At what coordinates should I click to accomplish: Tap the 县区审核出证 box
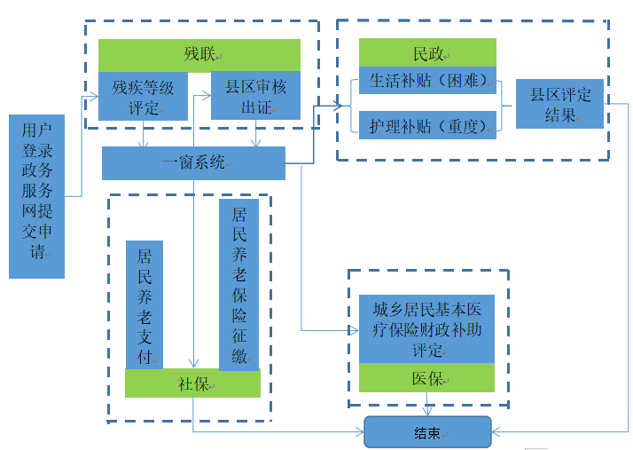255,96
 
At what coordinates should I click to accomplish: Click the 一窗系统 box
193,163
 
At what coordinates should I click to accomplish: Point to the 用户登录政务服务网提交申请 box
36,196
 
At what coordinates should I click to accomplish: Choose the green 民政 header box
427,52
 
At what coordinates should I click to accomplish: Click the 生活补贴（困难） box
427,81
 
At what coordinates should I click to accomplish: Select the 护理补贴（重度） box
427,125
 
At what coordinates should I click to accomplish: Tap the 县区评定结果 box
559,104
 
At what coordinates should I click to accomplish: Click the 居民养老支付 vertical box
144,304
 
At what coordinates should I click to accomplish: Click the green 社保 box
192,383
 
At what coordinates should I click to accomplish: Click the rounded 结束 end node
427,432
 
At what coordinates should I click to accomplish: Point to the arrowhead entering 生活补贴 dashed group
340,106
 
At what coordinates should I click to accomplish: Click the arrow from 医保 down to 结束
427,405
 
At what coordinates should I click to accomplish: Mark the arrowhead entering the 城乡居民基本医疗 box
354,330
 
